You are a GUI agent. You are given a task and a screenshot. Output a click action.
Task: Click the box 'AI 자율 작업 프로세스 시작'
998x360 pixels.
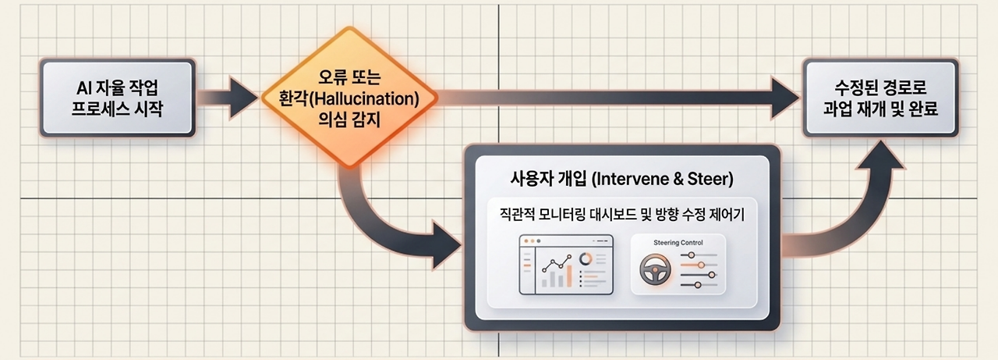pyautogui.click(x=118, y=98)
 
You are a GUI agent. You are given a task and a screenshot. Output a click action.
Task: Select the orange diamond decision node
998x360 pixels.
pyautogui.click(x=349, y=98)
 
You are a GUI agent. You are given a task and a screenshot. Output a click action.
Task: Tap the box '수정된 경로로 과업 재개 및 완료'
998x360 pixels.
pyautogui.click(x=880, y=98)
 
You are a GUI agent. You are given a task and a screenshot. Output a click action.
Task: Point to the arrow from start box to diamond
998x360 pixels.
pyautogui.click(x=227, y=98)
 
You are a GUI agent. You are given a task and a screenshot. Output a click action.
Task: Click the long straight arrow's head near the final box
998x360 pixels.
pyautogui.click(x=785, y=98)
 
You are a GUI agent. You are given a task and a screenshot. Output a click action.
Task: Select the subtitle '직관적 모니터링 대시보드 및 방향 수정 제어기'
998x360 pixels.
pyautogui.click(x=622, y=215)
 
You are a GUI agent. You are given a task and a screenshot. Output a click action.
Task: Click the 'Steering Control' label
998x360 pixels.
pyautogui.click(x=678, y=243)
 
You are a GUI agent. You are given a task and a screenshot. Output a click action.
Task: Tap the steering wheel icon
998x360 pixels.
pyautogui.click(x=656, y=269)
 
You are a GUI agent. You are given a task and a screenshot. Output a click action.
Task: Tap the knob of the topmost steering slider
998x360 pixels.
pyautogui.click(x=691, y=255)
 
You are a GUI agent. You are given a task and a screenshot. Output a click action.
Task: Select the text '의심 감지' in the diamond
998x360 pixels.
pyautogui.click(x=349, y=119)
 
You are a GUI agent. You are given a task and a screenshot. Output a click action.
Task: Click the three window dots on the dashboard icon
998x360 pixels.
pyautogui.click(x=533, y=241)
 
